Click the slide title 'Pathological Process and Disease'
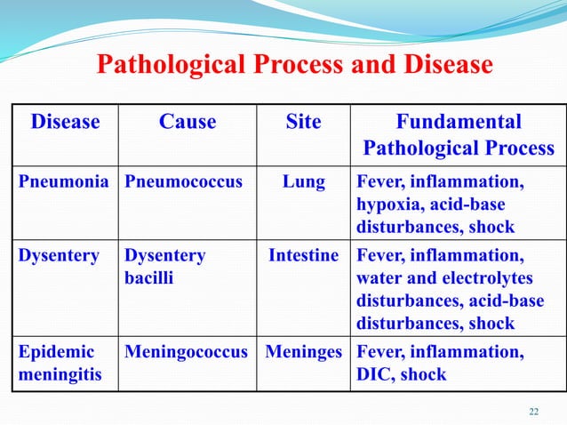[293, 65]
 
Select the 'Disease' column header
[65, 122]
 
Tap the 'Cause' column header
[187, 122]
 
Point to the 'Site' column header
[303, 122]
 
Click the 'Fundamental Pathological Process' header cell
[458, 134]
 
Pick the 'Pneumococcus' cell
[183, 183]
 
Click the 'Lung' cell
[303, 183]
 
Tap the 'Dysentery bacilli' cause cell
[165, 267]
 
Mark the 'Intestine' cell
[304, 255]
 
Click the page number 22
[533, 410]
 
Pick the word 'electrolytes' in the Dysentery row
[480, 278]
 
